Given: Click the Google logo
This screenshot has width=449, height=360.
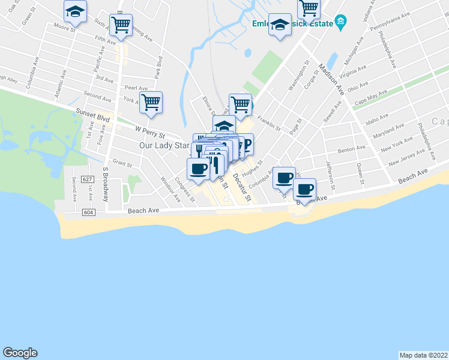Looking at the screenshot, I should pos(20,353).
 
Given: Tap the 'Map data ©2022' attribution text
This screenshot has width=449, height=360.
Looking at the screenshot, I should pos(424,355).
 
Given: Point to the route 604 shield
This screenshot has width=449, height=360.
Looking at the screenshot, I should pos(89,212).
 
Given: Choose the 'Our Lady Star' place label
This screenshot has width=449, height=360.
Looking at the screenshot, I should pos(164,145).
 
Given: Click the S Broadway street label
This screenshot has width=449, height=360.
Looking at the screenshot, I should pos(105,179).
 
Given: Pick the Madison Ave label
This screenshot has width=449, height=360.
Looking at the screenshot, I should pos(331,79).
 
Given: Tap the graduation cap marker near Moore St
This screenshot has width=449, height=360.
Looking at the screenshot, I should pos(76,11).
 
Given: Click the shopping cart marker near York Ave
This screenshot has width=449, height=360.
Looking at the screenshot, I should pos(151,102).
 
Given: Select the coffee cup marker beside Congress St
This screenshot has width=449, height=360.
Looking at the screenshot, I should pos(199,169).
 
